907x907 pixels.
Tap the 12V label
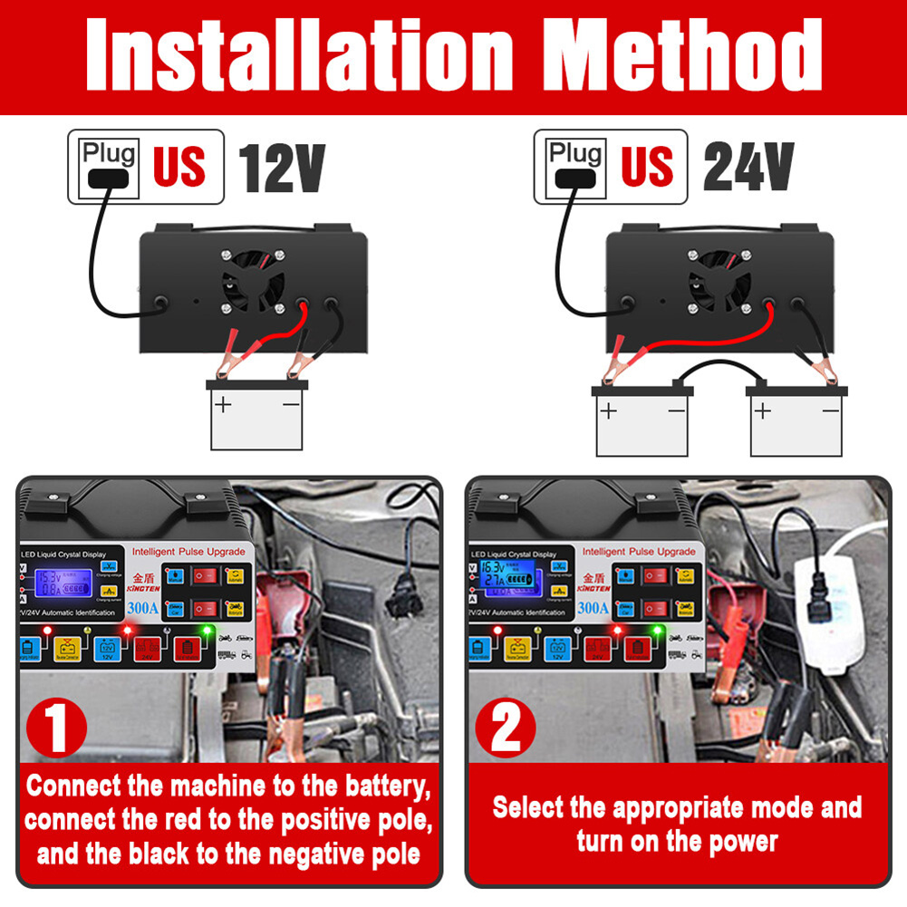[281, 167]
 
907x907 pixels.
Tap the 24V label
[748, 167]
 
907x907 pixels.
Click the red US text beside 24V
[647, 167]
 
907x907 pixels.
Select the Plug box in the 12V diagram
[108, 167]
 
